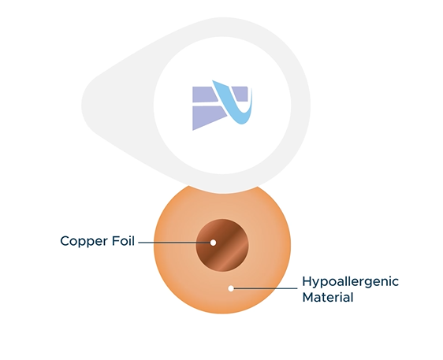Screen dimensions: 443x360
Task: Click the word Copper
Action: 84,242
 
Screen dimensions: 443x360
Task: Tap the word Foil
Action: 123,241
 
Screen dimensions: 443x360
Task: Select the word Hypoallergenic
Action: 350,282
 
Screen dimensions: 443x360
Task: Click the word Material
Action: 328,297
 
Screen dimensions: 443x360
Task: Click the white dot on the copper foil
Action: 214,243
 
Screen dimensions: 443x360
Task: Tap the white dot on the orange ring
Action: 231,288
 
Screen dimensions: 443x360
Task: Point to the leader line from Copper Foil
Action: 174,243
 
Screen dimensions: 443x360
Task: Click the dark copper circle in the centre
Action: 222,245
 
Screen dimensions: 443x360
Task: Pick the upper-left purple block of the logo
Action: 204,95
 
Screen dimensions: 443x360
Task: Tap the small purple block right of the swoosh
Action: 240,94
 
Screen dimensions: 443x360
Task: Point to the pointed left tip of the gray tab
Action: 82,105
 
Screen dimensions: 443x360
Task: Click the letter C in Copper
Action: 65,241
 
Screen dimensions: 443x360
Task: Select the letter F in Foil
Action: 116,241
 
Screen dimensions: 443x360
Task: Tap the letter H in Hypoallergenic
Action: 307,281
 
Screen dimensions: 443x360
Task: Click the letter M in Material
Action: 308,297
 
